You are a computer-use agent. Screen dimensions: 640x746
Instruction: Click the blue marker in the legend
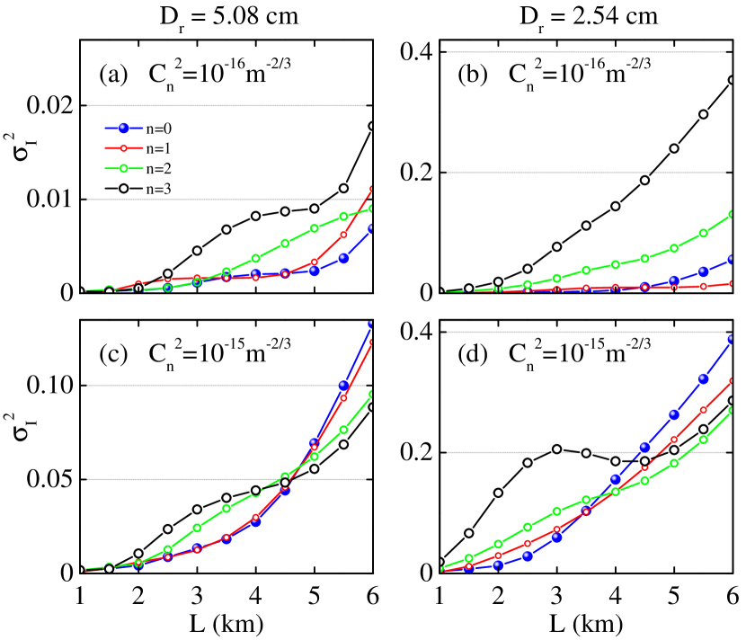coord(123,129)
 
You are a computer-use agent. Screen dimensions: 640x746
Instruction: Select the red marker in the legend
coord(123,148)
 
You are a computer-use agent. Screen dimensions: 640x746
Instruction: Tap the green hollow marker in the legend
coord(123,168)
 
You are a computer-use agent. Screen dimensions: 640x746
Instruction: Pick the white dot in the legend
coord(124,188)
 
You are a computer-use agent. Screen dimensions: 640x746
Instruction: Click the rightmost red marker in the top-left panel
coord(372,189)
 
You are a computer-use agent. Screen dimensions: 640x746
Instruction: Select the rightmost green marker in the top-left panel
coord(372,208)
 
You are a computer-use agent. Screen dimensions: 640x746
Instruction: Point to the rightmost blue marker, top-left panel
coord(372,228)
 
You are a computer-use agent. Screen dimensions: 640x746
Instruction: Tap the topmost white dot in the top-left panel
coord(372,126)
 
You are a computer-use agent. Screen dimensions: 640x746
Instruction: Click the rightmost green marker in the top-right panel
coord(732,214)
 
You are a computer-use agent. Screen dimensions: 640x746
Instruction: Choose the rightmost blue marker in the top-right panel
coord(732,259)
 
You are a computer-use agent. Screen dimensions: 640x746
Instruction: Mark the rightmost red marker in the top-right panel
coord(732,283)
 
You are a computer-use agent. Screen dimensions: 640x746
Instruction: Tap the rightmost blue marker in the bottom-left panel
coord(372,324)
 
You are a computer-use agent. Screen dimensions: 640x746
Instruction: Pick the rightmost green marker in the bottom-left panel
coord(372,393)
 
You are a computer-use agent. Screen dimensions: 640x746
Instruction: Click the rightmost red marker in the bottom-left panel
coord(372,342)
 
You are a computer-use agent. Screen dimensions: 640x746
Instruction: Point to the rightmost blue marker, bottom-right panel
coord(732,339)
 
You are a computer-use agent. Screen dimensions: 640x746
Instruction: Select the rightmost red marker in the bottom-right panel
coord(732,380)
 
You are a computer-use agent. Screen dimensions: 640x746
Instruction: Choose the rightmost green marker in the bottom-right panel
coord(732,411)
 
